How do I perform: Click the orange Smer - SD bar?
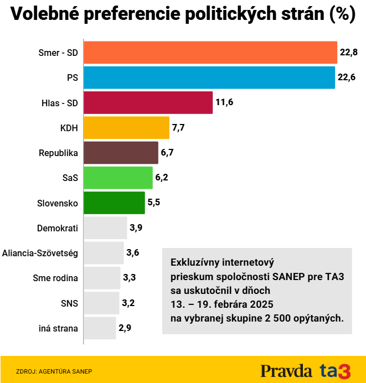210,53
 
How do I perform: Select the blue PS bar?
209,77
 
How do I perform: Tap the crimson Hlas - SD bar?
148,102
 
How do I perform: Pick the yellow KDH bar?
126,127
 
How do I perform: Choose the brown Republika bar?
121,152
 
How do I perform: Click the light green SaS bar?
118,178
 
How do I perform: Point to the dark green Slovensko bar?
114,203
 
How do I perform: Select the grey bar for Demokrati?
105,227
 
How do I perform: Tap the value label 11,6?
224,103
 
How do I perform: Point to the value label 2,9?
125,328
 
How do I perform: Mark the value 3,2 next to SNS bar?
128,303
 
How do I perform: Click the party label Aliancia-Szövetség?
40,253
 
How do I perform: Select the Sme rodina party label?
55,278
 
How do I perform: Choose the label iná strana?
58,328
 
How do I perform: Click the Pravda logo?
287,370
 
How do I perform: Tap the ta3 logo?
336,370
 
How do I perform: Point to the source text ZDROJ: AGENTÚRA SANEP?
54,371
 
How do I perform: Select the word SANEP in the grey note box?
287,276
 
